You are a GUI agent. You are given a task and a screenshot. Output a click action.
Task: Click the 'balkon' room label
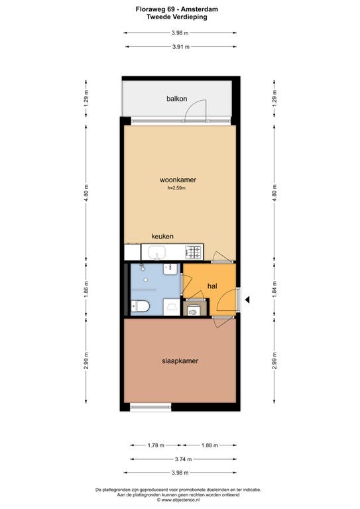click(176, 99)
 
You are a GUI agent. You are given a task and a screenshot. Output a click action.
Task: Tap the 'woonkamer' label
click(178, 180)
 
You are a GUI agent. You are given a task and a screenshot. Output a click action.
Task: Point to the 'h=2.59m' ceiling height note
click(176, 188)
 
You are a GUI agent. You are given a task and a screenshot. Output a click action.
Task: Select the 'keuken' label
click(162, 237)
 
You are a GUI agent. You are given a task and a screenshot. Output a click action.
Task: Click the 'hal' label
click(212, 286)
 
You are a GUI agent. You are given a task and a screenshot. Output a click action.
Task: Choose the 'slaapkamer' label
click(180, 361)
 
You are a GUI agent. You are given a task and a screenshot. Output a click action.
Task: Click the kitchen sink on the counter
click(157, 253)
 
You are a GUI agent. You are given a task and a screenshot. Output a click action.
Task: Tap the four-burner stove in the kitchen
click(194, 253)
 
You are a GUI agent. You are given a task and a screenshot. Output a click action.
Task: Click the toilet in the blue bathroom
click(140, 306)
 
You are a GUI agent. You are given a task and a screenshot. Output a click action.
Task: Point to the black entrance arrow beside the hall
click(247, 300)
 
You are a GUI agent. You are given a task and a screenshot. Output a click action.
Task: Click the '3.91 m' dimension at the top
click(181, 47)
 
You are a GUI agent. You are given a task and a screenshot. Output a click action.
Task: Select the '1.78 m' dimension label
click(156, 445)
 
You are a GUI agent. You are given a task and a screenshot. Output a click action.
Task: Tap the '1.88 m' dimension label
click(210, 445)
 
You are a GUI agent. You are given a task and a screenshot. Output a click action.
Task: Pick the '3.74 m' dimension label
click(184, 459)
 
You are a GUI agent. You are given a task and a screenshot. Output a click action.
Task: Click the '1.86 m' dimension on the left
click(86, 290)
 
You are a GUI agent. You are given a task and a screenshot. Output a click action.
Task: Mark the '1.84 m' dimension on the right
click(274, 290)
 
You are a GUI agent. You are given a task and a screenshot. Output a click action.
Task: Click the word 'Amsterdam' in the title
click(200, 9)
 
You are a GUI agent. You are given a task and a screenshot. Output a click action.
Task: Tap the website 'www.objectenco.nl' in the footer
click(178, 500)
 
